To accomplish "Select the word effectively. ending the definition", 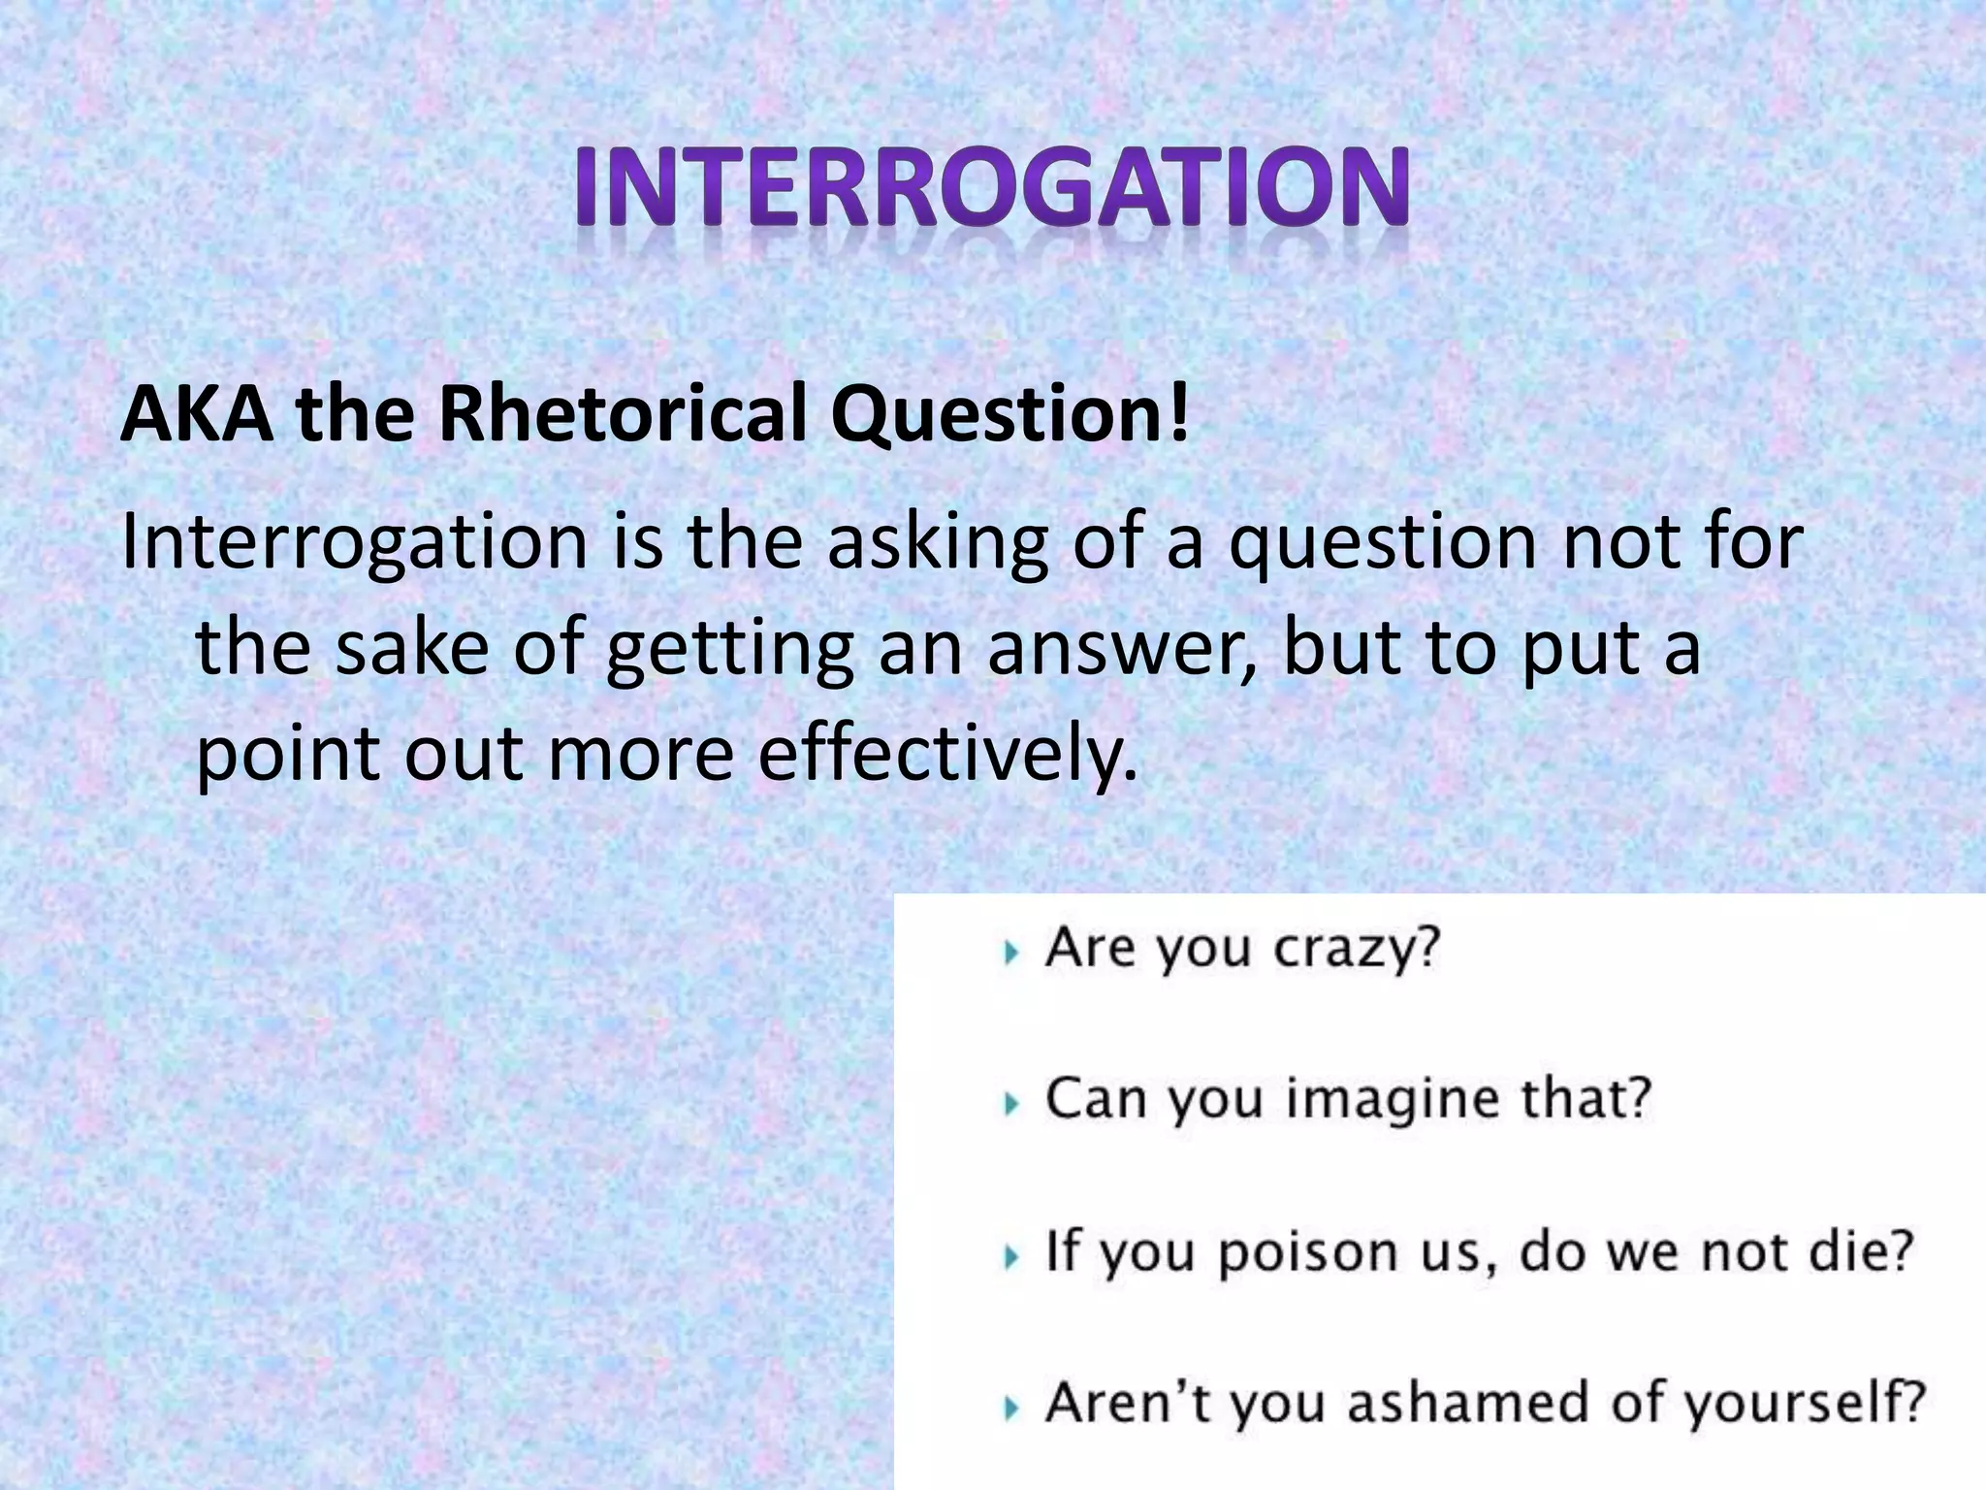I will [945, 754].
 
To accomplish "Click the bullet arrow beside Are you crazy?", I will [1012, 954].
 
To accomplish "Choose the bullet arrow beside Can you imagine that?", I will [1012, 1104].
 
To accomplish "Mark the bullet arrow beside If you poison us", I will [1012, 1258].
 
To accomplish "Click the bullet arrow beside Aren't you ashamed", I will [1012, 1408].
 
